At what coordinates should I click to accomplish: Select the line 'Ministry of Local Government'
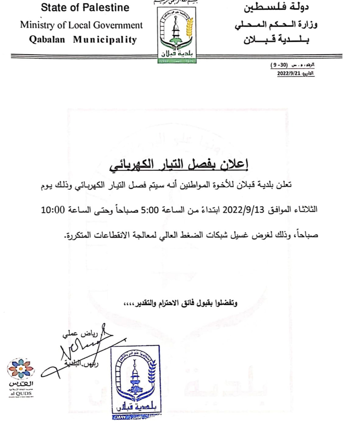click(82, 25)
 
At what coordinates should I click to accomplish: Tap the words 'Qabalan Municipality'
click(83, 40)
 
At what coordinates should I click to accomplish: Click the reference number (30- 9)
click(283, 66)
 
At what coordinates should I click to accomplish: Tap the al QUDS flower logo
click(20, 369)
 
